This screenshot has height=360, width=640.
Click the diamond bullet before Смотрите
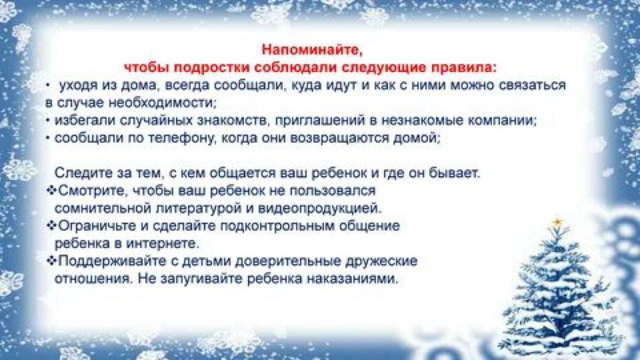click(x=51, y=191)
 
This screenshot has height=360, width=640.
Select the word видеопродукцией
click(x=320, y=209)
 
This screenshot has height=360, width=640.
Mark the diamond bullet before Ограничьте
click(x=51, y=226)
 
